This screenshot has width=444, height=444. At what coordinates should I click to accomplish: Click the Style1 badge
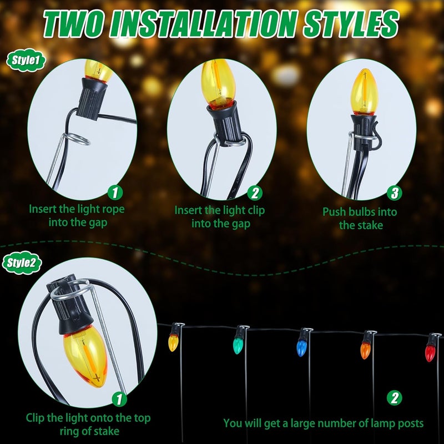pyautogui.click(x=22, y=60)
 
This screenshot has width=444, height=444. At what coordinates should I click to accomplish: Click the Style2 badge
pyautogui.click(x=22, y=263)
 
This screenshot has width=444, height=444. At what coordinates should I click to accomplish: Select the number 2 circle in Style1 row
pyautogui.click(x=254, y=193)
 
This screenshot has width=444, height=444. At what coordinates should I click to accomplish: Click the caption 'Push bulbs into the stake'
pyautogui.click(x=360, y=218)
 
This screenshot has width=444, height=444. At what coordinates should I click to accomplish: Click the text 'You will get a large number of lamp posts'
pyautogui.click(x=324, y=423)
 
